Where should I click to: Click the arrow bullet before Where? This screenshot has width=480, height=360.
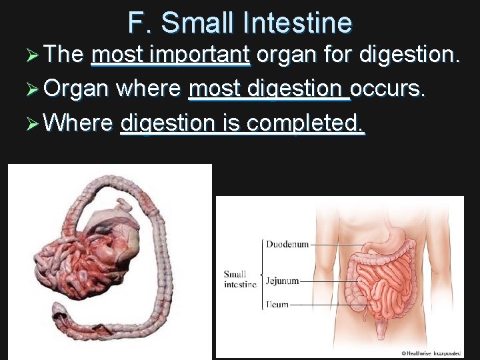[x=30, y=123]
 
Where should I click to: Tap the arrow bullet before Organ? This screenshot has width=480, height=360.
[x=30, y=89]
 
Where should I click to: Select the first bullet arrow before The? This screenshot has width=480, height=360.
[x=30, y=55]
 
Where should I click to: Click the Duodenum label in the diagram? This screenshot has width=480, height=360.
[x=287, y=244]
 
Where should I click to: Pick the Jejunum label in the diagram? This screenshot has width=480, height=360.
[x=282, y=281]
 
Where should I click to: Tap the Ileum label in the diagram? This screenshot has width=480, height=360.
[x=277, y=305]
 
